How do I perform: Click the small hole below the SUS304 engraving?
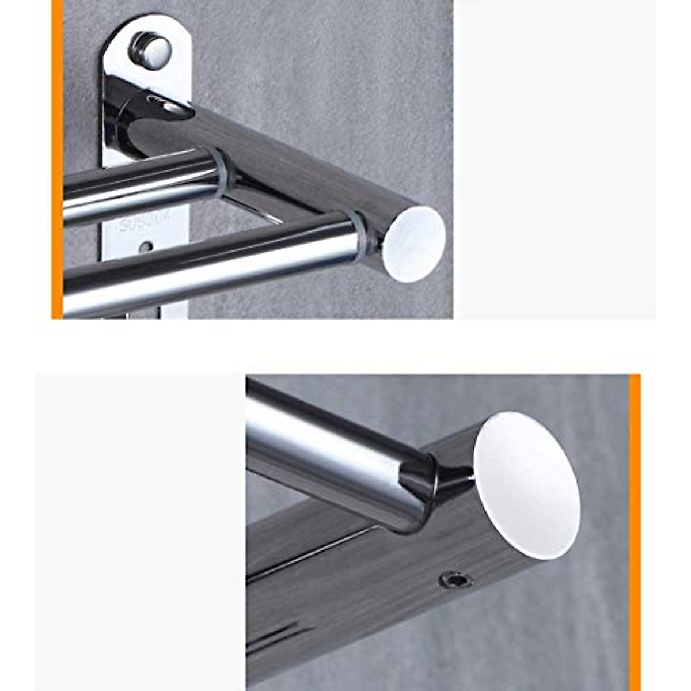click(146, 247)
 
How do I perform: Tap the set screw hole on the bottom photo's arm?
click(455, 579)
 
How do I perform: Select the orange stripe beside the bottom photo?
click(635, 530)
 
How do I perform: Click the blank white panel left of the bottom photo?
click(138, 530)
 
